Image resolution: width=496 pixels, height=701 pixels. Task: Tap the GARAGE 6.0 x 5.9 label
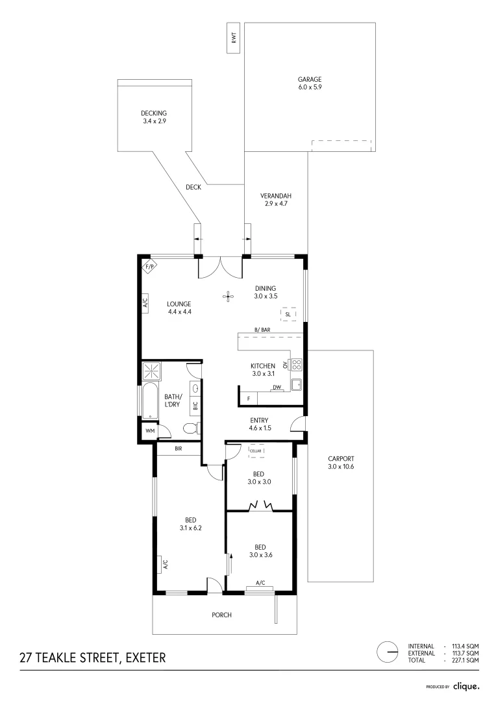pyautogui.click(x=310, y=82)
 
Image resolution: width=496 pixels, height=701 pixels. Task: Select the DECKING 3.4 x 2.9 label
pyautogui.click(x=154, y=117)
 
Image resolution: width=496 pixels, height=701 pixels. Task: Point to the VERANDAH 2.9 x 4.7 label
pyautogui.click(x=275, y=200)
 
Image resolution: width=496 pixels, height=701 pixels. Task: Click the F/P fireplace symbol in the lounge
pyautogui.click(x=149, y=267)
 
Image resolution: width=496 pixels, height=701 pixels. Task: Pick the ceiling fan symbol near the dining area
pyautogui.click(x=228, y=297)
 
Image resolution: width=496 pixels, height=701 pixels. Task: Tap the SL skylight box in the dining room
pyautogui.click(x=288, y=315)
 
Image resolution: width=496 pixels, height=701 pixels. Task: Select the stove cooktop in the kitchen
pyautogui.click(x=297, y=365)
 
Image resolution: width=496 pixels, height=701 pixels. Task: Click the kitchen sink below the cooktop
pyautogui.click(x=297, y=384)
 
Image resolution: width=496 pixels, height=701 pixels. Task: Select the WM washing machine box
pyautogui.click(x=150, y=430)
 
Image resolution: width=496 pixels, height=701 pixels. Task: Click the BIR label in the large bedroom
pyautogui.click(x=177, y=449)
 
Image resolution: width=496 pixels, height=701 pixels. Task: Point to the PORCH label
pyautogui.click(x=222, y=615)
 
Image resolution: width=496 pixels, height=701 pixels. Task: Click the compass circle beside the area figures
pyautogui.click(x=388, y=652)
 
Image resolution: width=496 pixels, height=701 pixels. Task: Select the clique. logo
pyautogui.click(x=465, y=685)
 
